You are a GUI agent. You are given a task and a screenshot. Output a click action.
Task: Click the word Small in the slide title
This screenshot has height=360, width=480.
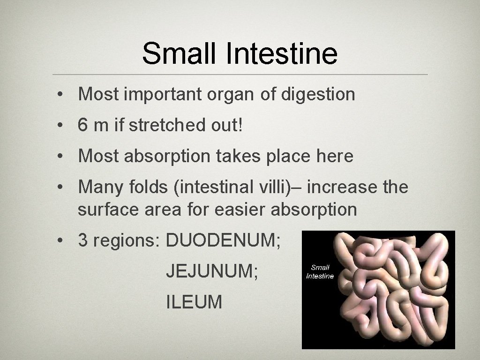coord(180,53)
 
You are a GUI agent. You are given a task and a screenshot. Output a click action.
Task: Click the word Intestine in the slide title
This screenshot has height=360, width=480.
coord(281,53)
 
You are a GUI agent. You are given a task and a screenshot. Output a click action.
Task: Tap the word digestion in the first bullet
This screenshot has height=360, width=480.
coord(318,94)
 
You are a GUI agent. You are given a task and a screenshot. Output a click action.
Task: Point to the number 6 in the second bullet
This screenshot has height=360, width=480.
coord(83,125)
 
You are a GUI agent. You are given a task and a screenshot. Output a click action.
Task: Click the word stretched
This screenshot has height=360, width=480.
coord(166,125)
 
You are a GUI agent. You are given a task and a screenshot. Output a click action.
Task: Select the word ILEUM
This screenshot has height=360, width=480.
coord(194,302)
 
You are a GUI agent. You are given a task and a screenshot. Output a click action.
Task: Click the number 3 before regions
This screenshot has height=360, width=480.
coord(83,240)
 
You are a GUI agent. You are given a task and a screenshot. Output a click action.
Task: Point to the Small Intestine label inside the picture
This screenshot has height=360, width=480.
coord(320,272)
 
